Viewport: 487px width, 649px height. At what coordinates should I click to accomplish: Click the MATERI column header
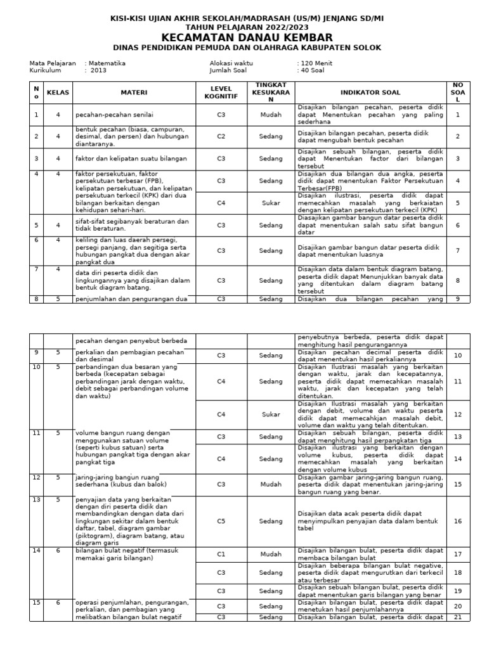point(134,93)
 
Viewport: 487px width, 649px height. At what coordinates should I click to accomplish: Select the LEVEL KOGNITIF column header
point(221,93)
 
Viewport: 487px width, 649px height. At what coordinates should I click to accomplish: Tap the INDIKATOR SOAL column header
point(369,93)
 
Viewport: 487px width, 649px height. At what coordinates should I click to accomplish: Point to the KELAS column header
point(58,93)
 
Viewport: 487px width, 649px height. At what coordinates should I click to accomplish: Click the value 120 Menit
point(316,63)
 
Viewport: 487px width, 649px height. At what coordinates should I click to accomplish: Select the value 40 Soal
point(312,71)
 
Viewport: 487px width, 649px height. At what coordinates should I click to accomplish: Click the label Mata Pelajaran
point(53,63)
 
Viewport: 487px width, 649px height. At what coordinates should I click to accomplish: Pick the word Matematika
point(107,63)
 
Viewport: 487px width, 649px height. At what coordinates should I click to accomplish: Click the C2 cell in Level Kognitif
point(221,136)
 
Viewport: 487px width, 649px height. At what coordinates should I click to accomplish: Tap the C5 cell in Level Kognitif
point(221,521)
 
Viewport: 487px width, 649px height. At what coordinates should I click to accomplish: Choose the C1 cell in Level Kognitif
point(221,553)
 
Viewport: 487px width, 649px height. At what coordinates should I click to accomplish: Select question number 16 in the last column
point(457,521)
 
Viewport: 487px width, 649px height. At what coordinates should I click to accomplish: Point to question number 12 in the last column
point(457,414)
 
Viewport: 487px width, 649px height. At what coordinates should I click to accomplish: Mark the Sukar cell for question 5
point(271,203)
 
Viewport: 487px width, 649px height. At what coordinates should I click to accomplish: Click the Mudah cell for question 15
point(271,484)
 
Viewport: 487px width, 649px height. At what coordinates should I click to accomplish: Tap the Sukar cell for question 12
point(271,414)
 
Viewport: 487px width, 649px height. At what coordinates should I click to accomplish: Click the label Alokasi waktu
point(231,63)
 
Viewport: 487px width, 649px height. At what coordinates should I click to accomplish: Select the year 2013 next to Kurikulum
point(98,71)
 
